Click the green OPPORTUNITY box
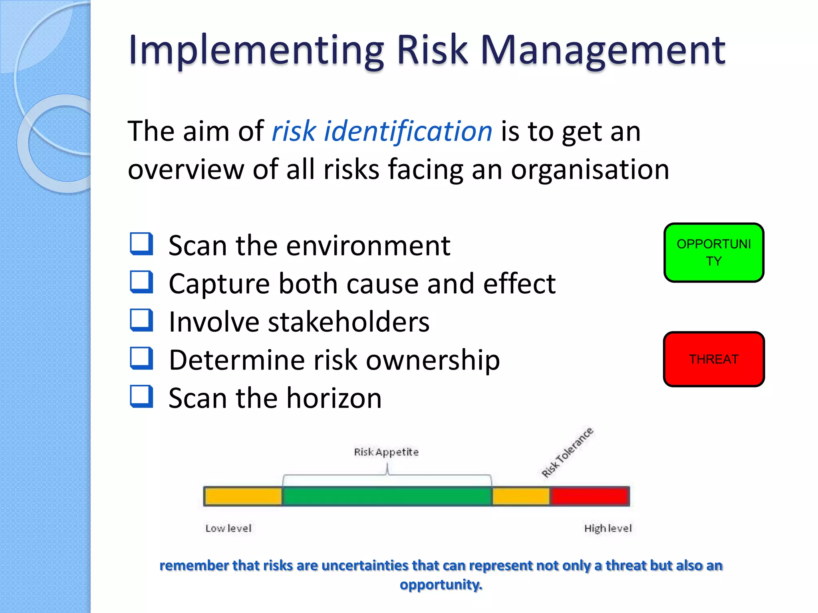point(713,253)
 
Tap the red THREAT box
point(713,359)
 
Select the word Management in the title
point(603,51)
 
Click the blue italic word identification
point(408,131)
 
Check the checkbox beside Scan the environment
point(141,244)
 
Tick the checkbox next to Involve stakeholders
point(141,320)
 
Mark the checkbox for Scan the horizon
point(141,396)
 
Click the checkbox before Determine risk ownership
point(141,358)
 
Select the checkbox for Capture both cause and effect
point(141,282)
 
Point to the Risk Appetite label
point(386,452)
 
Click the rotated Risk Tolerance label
point(567,453)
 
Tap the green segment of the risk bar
point(387,496)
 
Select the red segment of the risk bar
point(589,496)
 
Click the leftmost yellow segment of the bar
point(243,496)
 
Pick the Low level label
point(228,528)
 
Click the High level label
point(608,528)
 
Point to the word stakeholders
point(348,322)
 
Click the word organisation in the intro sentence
point(590,170)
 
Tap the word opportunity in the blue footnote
point(441,585)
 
